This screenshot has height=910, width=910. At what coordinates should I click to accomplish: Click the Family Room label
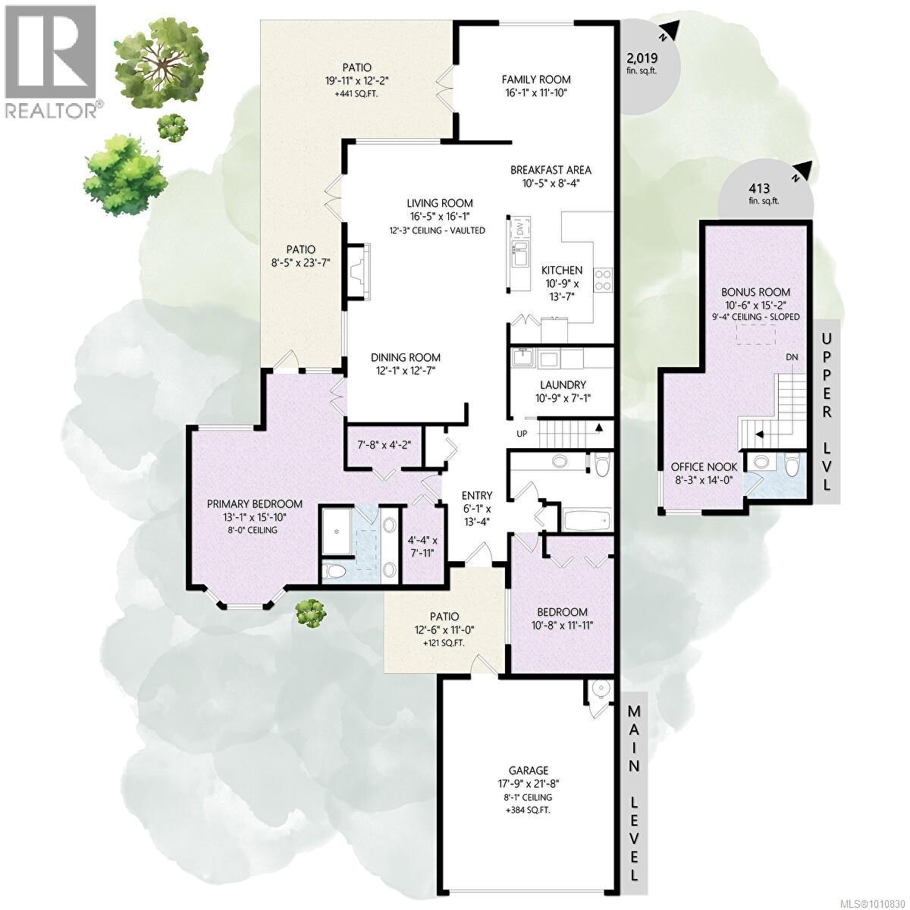[536, 79]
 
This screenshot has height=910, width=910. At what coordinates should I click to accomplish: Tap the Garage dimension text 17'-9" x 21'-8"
[529, 784]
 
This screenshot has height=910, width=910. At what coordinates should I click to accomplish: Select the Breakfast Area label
[551, 170]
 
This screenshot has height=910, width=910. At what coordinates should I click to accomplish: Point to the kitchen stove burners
[603, 280]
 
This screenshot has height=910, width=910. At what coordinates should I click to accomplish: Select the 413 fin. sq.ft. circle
[764, 194]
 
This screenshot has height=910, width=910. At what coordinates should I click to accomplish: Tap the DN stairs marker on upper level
[792, 356]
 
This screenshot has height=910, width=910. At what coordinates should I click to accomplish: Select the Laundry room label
[561, 385]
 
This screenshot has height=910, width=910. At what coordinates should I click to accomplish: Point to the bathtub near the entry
[585, 520]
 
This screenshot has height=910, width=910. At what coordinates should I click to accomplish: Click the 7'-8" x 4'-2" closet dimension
[384, 444]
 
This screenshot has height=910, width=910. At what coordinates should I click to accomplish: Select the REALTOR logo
[52, 61]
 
